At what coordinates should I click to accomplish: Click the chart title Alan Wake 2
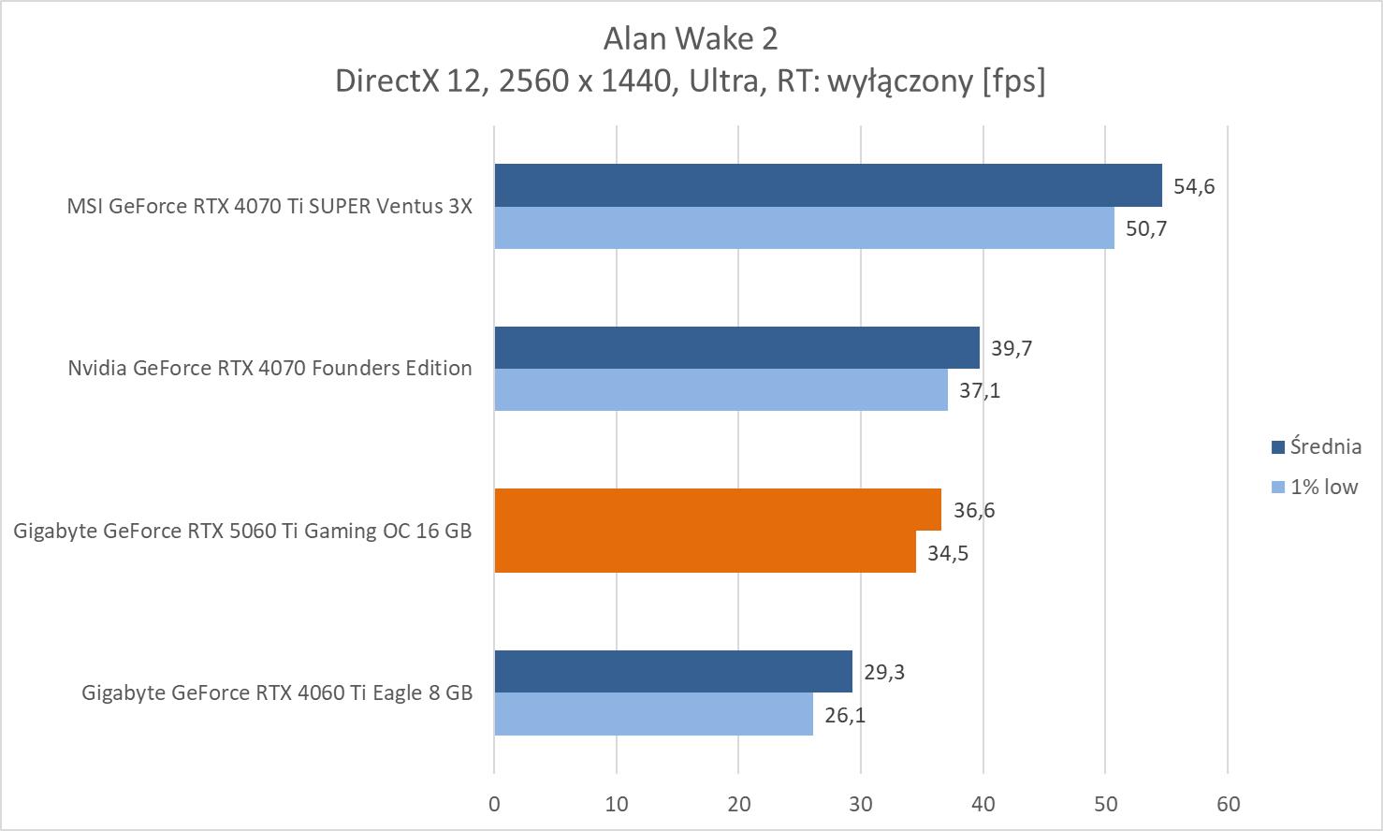pyautogui.click(x=691, y=38)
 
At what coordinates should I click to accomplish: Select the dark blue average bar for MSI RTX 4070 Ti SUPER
pyautogui.click(x=827, y=185)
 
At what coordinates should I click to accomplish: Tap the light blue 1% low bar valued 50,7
pyautogui.click(x=804, y=227)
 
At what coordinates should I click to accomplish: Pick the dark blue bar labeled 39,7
pyautogui.click(x=736, y=347)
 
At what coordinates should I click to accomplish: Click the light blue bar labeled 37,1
pyautogui.click(x=721, y=389)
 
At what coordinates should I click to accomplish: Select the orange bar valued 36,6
pyautogui.click(x=718, y=509)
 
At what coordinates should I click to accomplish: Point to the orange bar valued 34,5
pyautogui.click(x=705, y=552)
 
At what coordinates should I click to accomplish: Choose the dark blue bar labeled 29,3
pyautogui.click(x=673, y=671)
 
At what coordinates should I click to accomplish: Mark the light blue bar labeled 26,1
pyautogui.click(x=653, y=714)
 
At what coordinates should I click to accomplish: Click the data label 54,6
pyautogui.click(x=1194, y=186)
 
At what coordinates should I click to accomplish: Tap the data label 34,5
pyautogui.click(x=948, y=553)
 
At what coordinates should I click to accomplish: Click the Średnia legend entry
pyautogui.click(x=1316, y=446)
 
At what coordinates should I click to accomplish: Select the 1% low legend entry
pyautogui.click(x=1314, y=487)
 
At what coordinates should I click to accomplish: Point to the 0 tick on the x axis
pyautogui.click(x=494, y=804)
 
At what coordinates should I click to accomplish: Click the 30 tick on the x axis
pyautogui.click(x=861, y=804)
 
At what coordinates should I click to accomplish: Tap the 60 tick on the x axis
pyautogui.click(x=1228, y=804)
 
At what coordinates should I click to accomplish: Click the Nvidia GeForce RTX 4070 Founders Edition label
pyautogui.click(x=269, y=368)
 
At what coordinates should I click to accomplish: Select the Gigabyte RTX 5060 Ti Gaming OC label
pyautogui.click(x=242, y=531)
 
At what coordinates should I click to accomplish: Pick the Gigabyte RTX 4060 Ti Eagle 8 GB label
pyautogui.click(x=276, y=692)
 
